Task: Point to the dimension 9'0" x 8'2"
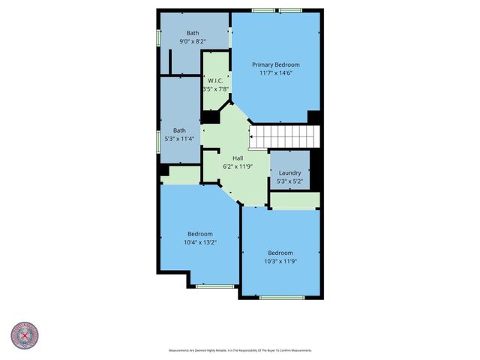[x=193, y=42]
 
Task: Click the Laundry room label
[x=289, y=172]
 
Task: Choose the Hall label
[x=238, y=158]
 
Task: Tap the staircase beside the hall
[x=284, y=137]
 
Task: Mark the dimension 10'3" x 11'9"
[x=280, y=261]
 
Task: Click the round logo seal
[x=25, y=335]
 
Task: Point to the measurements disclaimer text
[x=240, y=350]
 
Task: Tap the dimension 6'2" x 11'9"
[x=238, y=166]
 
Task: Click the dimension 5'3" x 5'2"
[x=289, y=181]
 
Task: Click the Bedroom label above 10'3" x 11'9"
[x=280, y=253]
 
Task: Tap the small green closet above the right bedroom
[x=295, y=199]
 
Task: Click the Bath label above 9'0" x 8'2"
[x=193, y=33]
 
